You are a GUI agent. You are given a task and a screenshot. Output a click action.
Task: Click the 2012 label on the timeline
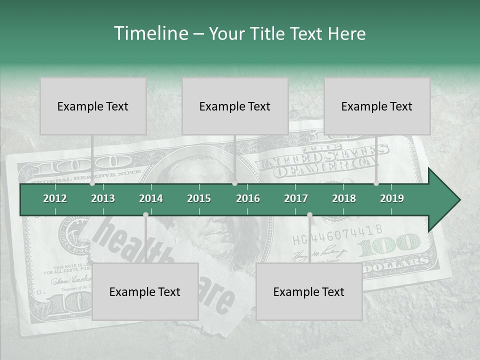click(x=55, y=198)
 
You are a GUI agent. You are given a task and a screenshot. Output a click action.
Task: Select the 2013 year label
click(x=103, y=198)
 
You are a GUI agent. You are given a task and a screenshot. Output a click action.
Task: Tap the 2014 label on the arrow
click(x=151, y=198)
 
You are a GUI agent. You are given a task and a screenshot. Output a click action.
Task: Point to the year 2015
click(x=199, y=198)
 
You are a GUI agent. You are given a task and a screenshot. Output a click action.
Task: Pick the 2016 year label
click(x=248, y=198)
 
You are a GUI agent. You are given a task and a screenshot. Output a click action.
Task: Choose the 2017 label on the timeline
click(x=296, y=198)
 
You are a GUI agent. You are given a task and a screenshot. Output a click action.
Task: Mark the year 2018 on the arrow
click(x=344, y=198)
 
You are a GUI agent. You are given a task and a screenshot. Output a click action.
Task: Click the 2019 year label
click(x=392, y=198)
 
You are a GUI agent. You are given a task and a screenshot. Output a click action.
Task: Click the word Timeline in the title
click(x=150, y=33)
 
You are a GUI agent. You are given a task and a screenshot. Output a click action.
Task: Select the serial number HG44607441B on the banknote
click(x=337, y=230)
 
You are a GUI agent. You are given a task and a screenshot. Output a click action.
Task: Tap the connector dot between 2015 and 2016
click(x=235, y=183)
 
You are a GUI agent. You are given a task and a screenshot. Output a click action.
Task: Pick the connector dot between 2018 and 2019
click(x=376, y=183)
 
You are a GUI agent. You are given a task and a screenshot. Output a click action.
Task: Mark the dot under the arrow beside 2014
click(x=145, y=215)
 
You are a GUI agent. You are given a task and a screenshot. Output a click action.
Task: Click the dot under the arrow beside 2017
click(x=309, y=215)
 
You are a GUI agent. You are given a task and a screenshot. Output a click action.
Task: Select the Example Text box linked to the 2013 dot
click(x=93, y=106)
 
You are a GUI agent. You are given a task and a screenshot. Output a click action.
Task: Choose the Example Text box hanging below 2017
click(x=309, y=292)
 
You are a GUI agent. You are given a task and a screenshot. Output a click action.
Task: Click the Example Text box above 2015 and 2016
click(x=235, y=106)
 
